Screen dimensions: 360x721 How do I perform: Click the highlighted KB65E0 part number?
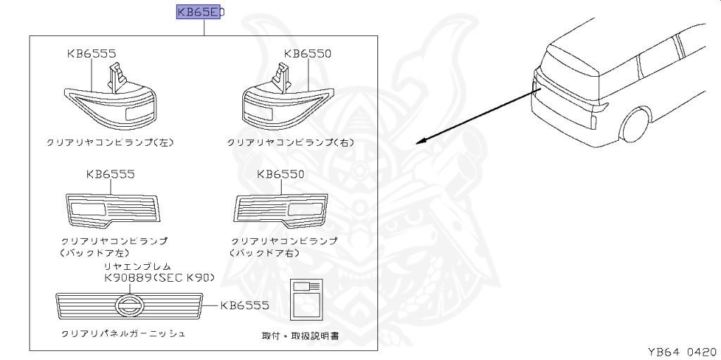pyautogui.click(x=199, y=12)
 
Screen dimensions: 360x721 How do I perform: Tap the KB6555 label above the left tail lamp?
pyautogui.click(x=92, y=53)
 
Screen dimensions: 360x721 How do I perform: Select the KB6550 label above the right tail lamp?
pyautogui.click(x=308, y=53)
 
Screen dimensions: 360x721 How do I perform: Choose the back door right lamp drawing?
pyautogui.click(x=280, y=209)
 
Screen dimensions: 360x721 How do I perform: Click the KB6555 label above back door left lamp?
pyautogui.click(x=110, y=174)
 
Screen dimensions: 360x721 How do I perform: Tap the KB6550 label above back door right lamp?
pyautogui.click(x=280, y=174)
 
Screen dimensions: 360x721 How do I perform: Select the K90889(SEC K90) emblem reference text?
pyautogui.click(x=158, y=278)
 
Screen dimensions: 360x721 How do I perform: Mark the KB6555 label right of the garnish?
pyautogui.click(x=244, y=306)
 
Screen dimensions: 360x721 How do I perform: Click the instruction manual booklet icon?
pyautogui.click(x=306, y=300)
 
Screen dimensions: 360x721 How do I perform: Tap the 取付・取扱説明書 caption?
pyautogui.click(x=300, y=336)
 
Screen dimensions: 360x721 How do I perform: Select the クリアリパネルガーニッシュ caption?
pyautogui.click(x=123, y=333)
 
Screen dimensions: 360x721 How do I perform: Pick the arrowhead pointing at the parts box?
pyautogui.click(x=420, y=141)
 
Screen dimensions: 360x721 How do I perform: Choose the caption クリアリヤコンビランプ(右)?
pyautogui.click(x=290, y=142)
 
